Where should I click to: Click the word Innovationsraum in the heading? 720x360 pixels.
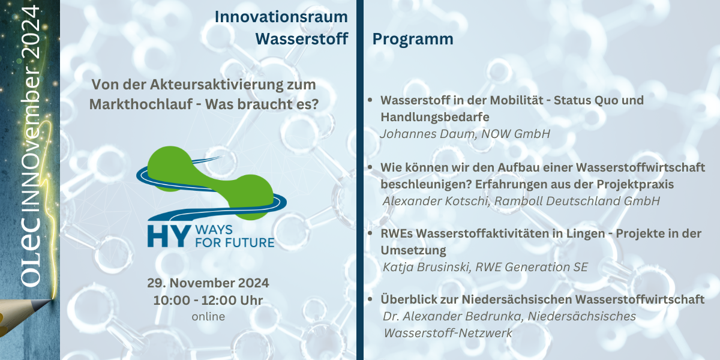281,17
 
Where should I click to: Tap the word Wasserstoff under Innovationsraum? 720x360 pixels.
302,39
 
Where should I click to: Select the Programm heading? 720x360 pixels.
413,40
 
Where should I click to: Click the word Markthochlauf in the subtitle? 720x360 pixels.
141,104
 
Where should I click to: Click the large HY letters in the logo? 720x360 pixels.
169,236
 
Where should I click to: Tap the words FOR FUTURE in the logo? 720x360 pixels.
235,242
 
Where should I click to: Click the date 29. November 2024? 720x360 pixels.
208,283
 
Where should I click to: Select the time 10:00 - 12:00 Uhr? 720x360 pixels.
208,301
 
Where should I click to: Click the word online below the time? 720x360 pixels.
208,317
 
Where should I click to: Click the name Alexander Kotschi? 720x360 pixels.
436,201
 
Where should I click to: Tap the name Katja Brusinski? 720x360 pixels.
427,267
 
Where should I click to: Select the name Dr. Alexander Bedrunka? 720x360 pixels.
453,316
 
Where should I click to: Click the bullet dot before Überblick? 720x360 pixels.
370,299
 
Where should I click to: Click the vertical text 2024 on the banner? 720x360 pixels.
30,32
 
